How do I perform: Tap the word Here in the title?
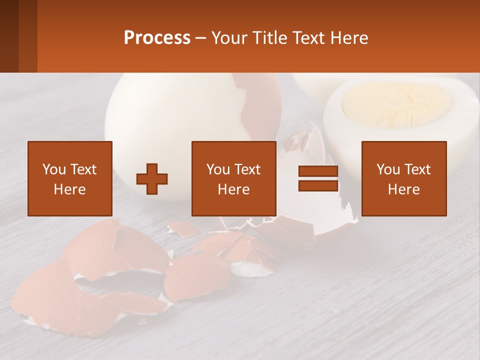(x=350, y=38)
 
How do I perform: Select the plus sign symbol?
(x=152, y=179)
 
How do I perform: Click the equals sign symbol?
(x=318, y=178)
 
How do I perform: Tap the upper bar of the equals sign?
(x=318, y=171)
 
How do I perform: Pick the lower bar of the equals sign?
(x=318, y=185)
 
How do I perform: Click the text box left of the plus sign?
(x=70, y=178)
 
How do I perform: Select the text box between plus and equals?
(x=234, y=178)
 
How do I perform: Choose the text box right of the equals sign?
(x=404, y=178)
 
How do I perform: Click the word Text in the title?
(x=309, y=38)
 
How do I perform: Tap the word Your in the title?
(x=228, y=38)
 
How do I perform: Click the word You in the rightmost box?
(x=388, y=169)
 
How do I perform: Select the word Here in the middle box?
(x=234, y=189)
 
